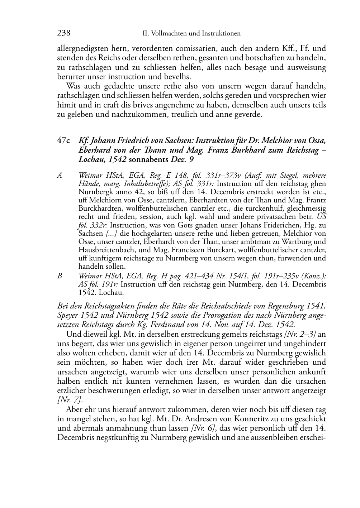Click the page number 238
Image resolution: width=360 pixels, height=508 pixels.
(x=63, y=33)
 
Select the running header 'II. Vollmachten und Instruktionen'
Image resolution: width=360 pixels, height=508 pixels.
(x=191, y=34)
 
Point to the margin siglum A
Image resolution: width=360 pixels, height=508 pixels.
(x=60, y=176)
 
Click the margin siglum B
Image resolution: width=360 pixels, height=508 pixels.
(x=60, y=276)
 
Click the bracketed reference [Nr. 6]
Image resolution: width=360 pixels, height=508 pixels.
(x=204, y=428)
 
